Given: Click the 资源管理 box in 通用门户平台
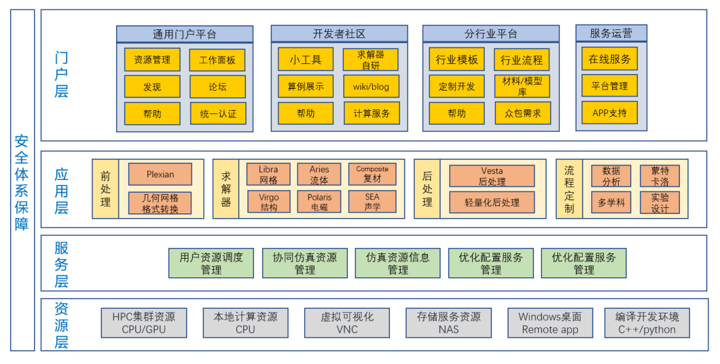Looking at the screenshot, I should pyautogui.click(x=152, y=60).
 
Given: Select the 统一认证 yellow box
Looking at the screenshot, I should pyautogui.click(x=218, y=113).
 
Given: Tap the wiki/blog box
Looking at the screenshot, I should pyautogui.click(x=371, y=87).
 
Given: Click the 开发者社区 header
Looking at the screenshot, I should pyautogui.click(x=339, y=34).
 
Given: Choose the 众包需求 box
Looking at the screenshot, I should pyautogui.click(x=523, y=113).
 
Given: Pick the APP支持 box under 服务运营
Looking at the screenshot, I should pyautogui.click(x=609, y=113).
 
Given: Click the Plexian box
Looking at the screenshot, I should pyautogui.click(x=160, y=175).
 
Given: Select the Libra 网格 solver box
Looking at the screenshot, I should pyautogui.click(x=268, y=175).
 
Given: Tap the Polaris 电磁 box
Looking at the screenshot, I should pyautogui.click(x=319, y=202).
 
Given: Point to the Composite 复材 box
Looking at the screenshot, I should pyautogui.click(x=372, y=175).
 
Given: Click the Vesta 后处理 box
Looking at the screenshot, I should pyautogui.click(x=492, y=177).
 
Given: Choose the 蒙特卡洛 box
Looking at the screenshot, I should pyautogui.click(x=659, y=177).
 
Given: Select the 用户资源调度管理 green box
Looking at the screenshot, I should pyautogui.click(x=211, y=263).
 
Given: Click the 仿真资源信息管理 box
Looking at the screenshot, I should pyautogui.click(x=398, y=263).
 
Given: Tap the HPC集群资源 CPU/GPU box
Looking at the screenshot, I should pyautogui.click(x=143, y=323).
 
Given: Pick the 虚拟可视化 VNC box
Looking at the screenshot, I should pyautogui.click(x=347, y=323).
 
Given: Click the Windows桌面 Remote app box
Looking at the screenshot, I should pyautogui.click(x=550, y=323).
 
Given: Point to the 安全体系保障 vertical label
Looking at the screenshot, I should pyautogui.click(x=22, y=181).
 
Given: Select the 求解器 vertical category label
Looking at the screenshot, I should pyautogui.click(x=226, y=189).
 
